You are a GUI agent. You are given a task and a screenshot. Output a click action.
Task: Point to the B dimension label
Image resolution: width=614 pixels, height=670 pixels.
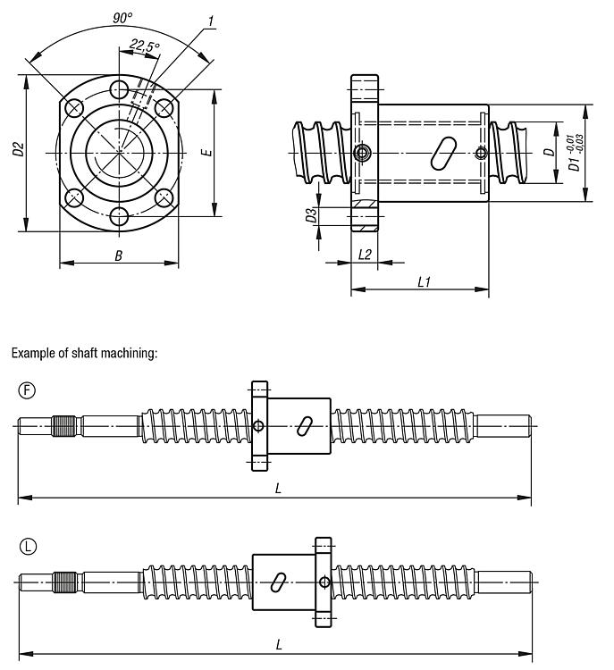pyautogui.click(x=118, y=255)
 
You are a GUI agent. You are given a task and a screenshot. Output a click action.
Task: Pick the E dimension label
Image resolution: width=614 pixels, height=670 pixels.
pyautogui.click(x=206, y=153)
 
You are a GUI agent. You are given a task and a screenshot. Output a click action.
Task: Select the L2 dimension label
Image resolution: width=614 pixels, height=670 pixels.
pyautogui.click(x=365, y=255)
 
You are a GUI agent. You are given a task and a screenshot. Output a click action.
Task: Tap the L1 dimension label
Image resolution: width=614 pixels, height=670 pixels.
pyautogui.click(x=425, y=281)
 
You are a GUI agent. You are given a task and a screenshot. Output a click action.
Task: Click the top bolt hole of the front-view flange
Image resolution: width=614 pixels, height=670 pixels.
pyautogui.click(x=120, y=88)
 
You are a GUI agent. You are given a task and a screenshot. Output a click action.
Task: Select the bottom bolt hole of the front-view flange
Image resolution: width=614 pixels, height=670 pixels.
pyautogui.click(x=120, y=216)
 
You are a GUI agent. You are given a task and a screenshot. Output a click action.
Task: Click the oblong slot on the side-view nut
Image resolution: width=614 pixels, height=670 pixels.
pyautogui.click(x=442, y=152)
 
